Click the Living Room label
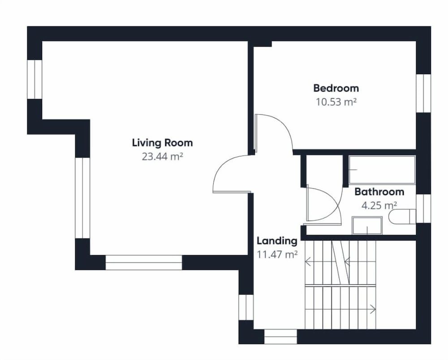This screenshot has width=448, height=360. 162,143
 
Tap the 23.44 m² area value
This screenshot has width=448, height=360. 162,156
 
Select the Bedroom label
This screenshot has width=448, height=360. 336,88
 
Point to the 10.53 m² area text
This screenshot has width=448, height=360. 336,102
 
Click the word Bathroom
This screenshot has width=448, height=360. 379,191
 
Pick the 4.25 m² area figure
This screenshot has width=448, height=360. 379,205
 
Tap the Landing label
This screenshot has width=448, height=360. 277,241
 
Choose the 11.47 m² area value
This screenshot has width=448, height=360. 277,254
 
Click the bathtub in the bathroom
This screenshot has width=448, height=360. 382,169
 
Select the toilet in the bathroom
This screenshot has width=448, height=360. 402,217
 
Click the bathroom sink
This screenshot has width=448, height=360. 367,226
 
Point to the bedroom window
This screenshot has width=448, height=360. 423,93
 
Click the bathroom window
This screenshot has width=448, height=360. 423,209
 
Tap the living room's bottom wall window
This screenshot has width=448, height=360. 144,263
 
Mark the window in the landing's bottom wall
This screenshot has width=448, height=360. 280,337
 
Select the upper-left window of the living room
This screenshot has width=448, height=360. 34,79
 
